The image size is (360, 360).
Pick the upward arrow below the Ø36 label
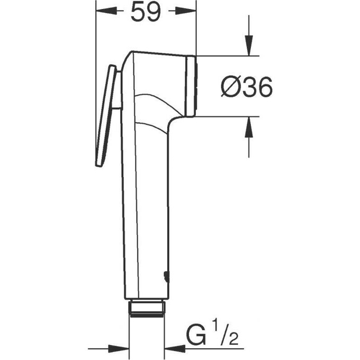[248, 128]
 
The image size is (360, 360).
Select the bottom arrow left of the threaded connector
[119, 349]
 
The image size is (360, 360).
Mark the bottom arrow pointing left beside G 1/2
[175, 349]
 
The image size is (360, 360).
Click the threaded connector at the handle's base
[147, 309]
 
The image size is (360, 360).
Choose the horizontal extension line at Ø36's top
[228, 56]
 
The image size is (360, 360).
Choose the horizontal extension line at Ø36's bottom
[228, 116]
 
